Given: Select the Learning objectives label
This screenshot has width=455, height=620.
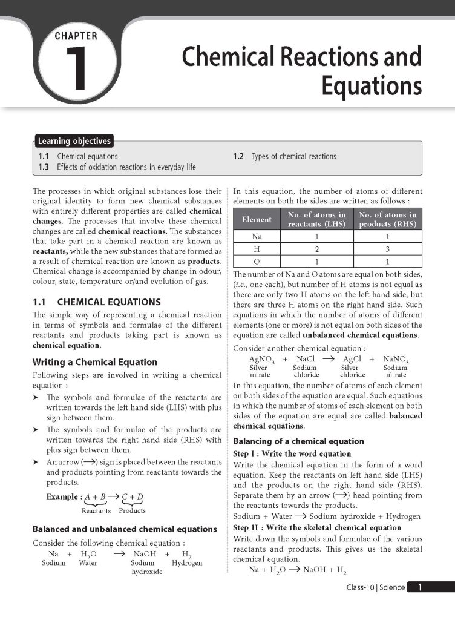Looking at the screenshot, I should pyautogui.click(x=74, y=142).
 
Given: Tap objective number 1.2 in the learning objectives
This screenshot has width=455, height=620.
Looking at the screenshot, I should pyautogui.click(x=238, y=156).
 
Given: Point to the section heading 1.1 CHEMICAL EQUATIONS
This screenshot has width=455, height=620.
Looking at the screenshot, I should pyautogui.click(x=96, y=302).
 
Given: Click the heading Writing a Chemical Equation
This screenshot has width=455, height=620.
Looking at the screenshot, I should pyautogui.click(x=94, y=362).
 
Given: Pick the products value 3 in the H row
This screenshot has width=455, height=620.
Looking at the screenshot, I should pyautogui.click(x=387, y=249).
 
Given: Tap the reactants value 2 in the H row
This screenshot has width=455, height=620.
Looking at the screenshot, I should pyautogui.click(x=316, y=249).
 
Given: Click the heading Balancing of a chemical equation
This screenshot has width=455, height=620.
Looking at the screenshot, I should pyautogui.click(x=298, y=441).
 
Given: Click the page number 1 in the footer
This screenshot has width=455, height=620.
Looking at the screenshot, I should pyautogui.click(x=420, y=587).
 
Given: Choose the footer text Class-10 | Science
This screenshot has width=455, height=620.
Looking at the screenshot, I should pyautogui.click(x=375, y=587).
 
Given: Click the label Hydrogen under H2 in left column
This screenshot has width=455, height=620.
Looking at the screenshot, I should pyautogui.click(x=187, y=562).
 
